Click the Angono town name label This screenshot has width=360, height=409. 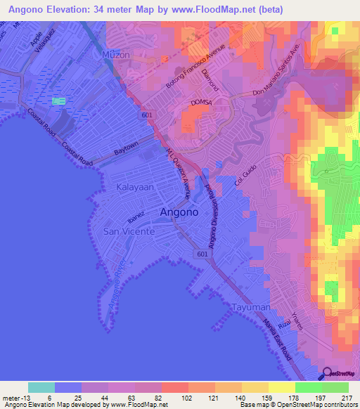pos(179,212)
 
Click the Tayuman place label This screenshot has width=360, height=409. pos(250,307)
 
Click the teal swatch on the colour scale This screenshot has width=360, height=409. pos(41,387)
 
